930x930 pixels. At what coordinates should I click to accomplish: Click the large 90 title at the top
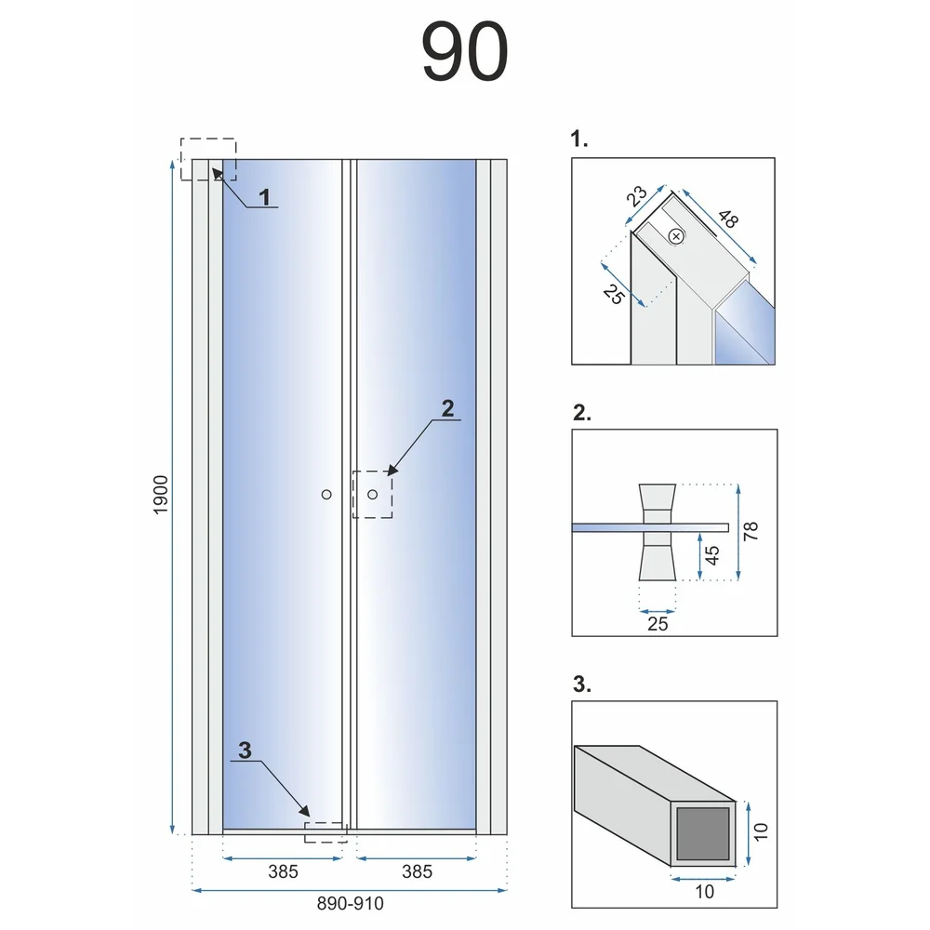click(x=465, y=51)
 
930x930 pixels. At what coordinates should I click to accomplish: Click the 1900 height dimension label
click(x=161, y=495)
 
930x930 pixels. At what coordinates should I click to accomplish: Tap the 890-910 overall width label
click(x=350, y=903)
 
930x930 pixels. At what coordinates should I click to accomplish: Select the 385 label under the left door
click(x=283, y=871)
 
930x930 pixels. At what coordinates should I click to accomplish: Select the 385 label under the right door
click(x=417, y=871)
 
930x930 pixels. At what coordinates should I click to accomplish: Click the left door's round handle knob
click(x=326, y=494)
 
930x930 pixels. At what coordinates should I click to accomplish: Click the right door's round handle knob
click(x=373, y=494)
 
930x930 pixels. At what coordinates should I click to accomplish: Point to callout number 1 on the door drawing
click(x=264, y=197)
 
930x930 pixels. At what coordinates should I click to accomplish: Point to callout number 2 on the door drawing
click(x=448, y=408)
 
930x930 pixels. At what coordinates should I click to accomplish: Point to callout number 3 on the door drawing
click(x=245, y=750)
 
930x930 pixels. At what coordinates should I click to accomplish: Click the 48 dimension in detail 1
click(x=728, y=219)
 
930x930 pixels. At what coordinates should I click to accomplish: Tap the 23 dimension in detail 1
click(x=636, y=195)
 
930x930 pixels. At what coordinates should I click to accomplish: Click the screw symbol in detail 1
click(x=676, y=236)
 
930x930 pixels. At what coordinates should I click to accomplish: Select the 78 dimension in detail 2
click(x=751, y=531)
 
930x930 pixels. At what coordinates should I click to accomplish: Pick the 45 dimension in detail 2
click(x=711, y=555)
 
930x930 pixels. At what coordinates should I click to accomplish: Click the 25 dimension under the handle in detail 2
click(x=658, y=624)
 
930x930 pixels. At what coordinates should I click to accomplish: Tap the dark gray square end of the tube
click(x=703, y=833)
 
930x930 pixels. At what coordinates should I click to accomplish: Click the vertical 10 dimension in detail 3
click(x=761, y=831)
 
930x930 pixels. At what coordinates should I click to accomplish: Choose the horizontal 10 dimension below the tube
click(x=705, y=892)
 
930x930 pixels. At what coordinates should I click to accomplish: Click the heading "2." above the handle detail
click(x=582, y=412)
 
